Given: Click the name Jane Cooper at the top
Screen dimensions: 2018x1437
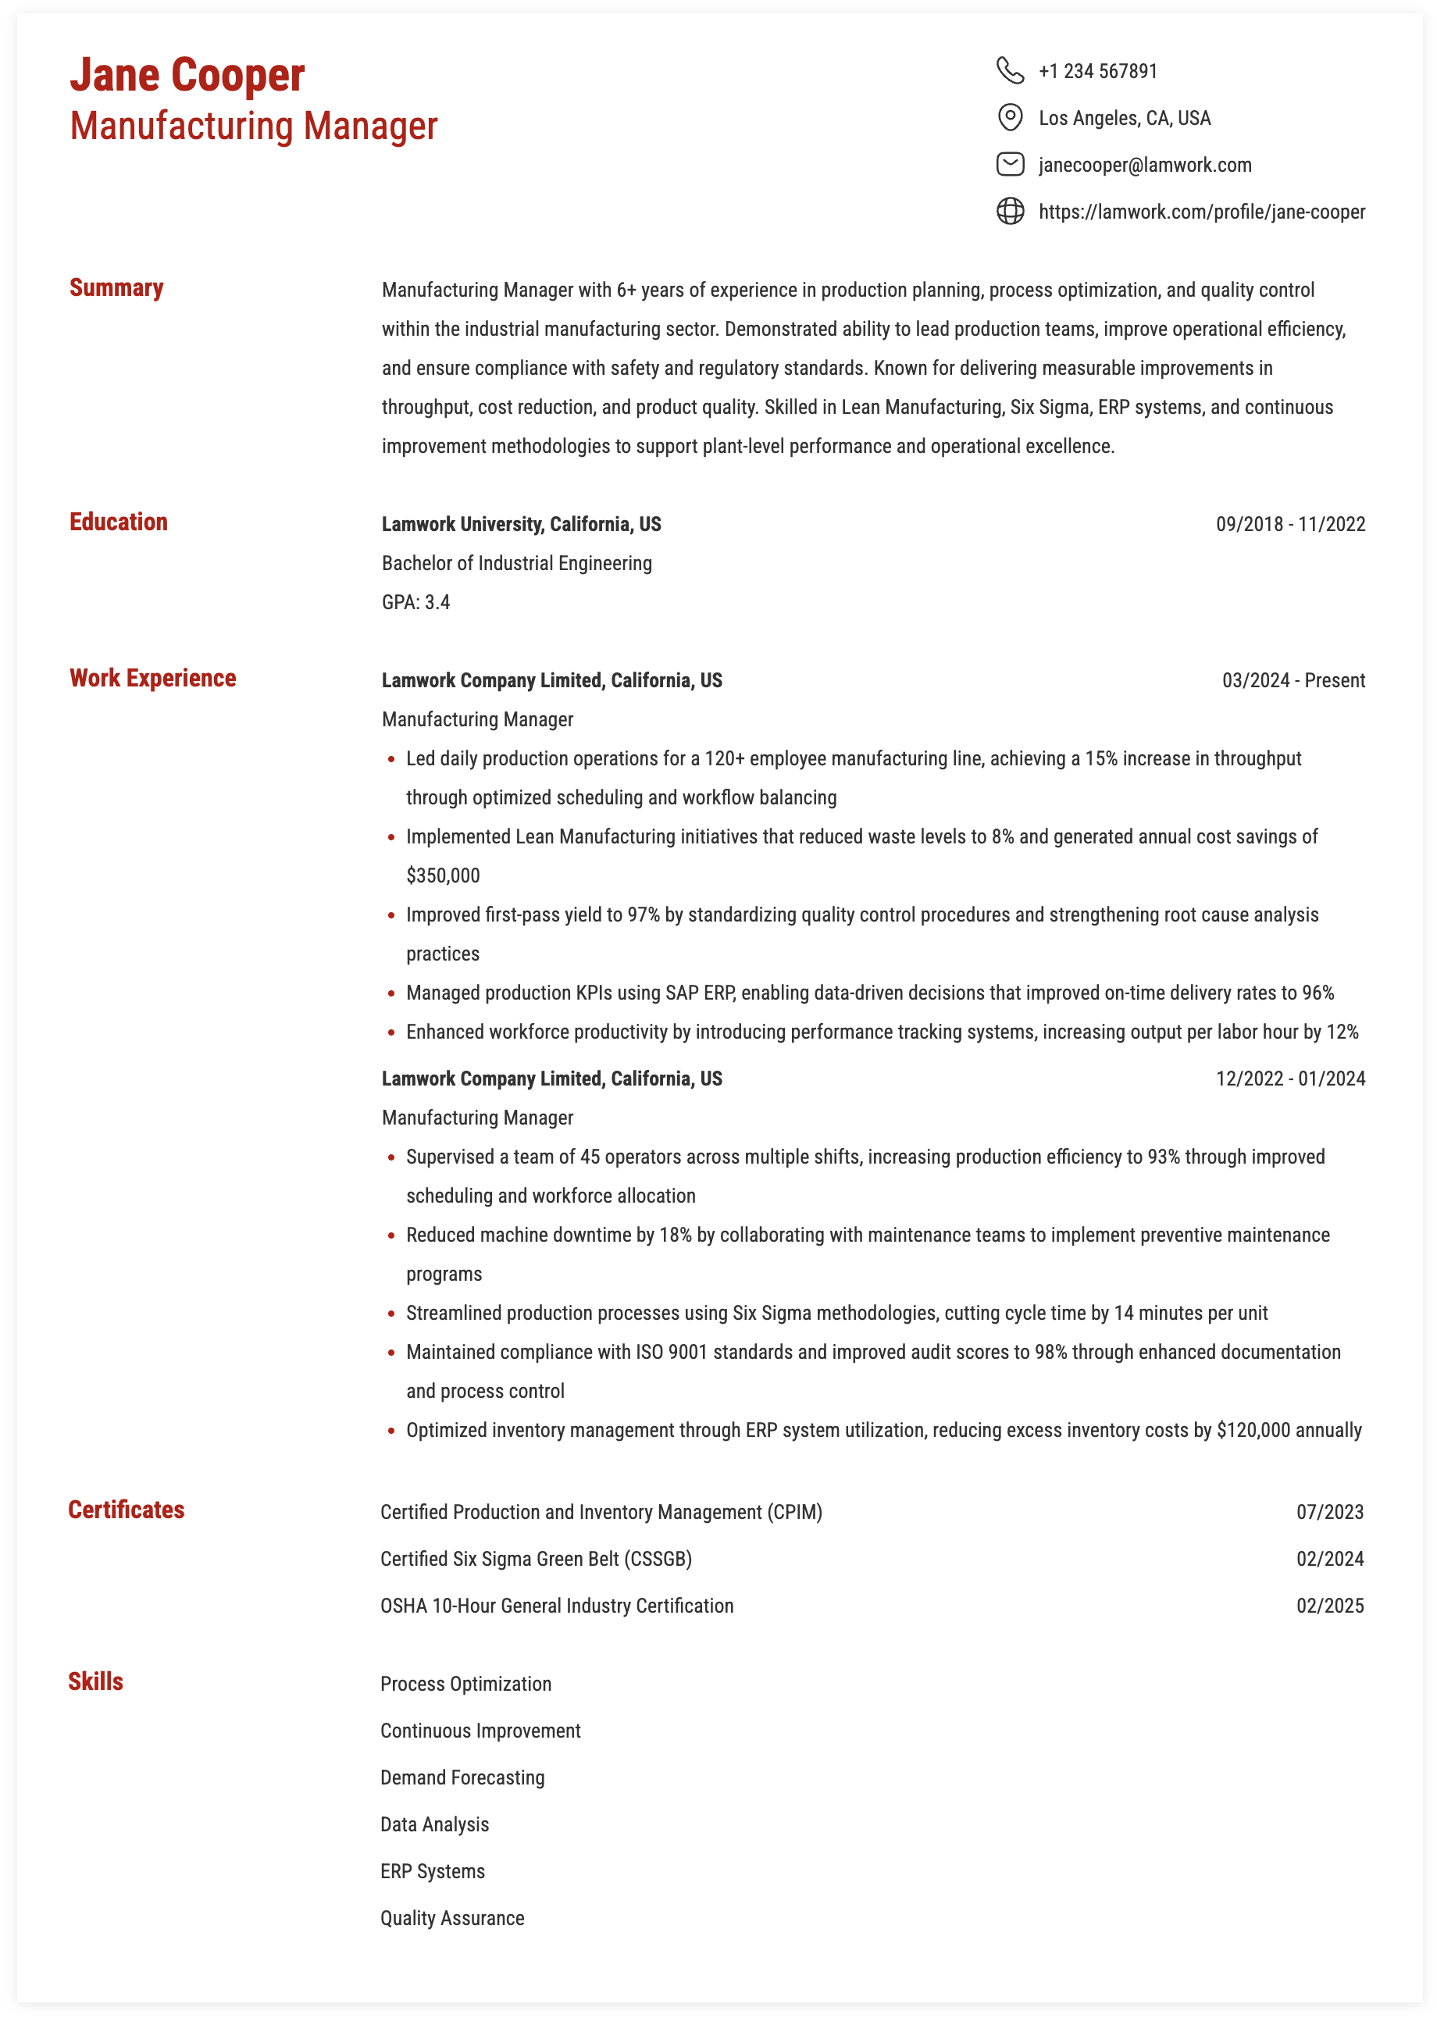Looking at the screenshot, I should coord(187,75).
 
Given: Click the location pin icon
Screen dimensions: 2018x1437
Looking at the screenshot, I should coord(1010,117).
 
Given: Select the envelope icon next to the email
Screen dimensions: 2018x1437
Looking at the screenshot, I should coord(1010,165).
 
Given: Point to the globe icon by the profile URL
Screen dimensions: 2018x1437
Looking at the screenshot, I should coord(1010,212).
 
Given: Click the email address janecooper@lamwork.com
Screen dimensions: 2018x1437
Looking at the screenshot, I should coord(1144,166).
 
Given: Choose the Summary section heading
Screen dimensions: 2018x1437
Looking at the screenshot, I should coord(117,288).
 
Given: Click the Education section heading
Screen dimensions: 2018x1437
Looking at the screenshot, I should coord(119,522).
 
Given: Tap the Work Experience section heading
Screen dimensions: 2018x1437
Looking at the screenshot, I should coord(152,679).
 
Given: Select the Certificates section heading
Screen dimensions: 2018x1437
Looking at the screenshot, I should coord(127,1510).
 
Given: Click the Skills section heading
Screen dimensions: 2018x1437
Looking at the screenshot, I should coord(95,1682).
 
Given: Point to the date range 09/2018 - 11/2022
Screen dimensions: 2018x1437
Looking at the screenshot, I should coord(1290,525).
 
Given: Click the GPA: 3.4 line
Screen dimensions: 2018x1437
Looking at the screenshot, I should coord(416,602).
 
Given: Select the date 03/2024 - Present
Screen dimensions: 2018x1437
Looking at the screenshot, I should coord(1293,680).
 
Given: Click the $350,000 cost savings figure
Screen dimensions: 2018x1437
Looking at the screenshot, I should coord(443,876).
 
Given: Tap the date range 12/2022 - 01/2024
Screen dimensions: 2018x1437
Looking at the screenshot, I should coord(1290,1079).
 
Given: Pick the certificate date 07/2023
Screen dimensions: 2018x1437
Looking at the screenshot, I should coord(1329,1512).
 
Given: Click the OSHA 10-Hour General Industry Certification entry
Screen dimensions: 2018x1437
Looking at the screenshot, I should coord(557,1606).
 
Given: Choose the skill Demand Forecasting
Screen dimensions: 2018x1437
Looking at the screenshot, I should coord(462,1777).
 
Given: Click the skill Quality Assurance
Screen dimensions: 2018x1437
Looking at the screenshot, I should coord(452,1918).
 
